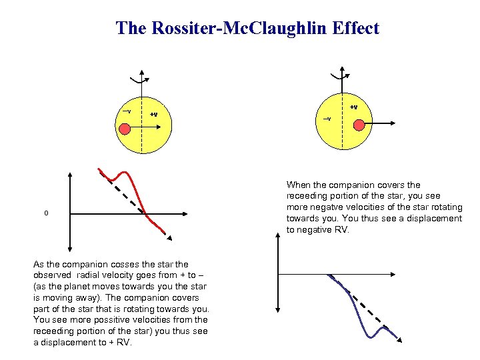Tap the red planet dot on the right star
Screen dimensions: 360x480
point(359,125)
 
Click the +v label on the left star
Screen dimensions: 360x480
point(153,115)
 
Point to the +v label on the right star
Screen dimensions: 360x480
point(353,107)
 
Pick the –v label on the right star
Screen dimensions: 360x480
point(327,119)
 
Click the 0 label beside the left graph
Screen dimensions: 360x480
point(46,213)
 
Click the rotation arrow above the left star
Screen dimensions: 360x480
point(141,80)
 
